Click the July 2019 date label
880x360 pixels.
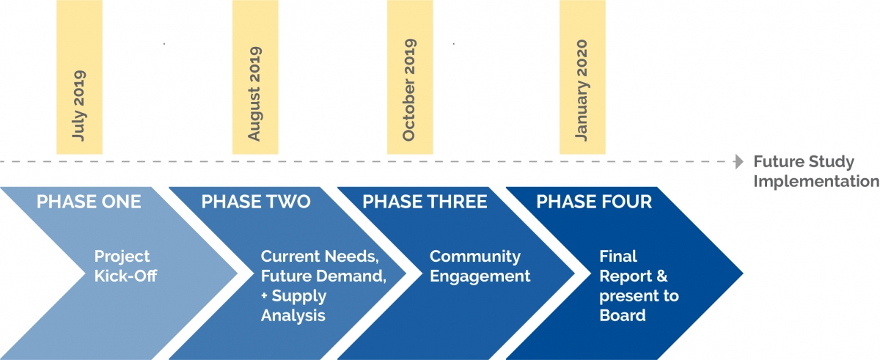click(x=79, y=106)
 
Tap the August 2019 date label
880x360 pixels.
click(x=254, y=94)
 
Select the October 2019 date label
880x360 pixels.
click(x=409, y=90)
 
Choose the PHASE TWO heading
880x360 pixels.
click(x=256, y=202)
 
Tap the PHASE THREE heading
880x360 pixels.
click(x=425, y=202)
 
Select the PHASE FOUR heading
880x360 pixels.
click(x=594, y=202)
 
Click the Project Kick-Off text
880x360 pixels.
click(x=122, y=267)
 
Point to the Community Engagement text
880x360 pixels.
click(x=480, y=267)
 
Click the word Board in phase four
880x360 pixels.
click(x=623, y=315)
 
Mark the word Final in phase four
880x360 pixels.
click(x=618, y=257)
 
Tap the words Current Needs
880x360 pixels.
click(x=320, y=257)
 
